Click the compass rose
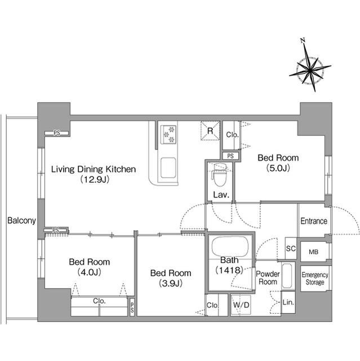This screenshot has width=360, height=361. (310, 68)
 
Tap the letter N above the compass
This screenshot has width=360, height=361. (303, 41)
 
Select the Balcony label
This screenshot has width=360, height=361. (21, 221)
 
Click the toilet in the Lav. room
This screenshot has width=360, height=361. (220, 174)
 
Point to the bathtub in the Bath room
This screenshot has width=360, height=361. (230, 246)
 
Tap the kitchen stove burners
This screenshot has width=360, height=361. (168, 135)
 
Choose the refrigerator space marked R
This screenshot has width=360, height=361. (210, 131)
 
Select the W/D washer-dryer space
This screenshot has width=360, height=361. (241, 305)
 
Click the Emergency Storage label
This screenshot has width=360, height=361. (315, 279)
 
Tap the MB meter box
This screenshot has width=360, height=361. (314, 252)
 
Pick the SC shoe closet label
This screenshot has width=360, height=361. (291, 249)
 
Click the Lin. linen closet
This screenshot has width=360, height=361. (288, 302)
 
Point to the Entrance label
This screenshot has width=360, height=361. (314, 221)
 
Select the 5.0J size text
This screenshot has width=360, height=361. (278, 168)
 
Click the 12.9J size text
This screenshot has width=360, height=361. (95, 179)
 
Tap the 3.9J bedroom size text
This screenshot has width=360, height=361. (171, 283)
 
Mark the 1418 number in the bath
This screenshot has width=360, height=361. (229, 270)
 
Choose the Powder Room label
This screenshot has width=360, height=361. (268, 278)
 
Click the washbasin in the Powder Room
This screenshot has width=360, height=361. (287, 276)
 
